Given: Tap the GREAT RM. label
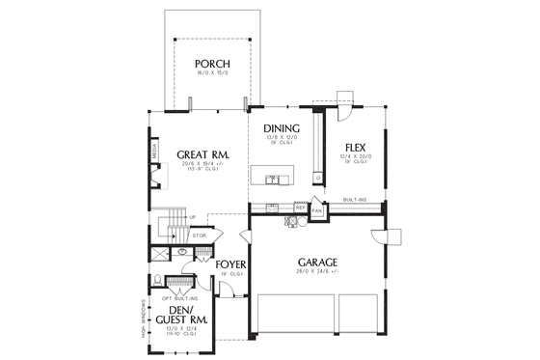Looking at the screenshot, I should click(202, 154).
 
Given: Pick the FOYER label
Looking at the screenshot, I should click(230, 263).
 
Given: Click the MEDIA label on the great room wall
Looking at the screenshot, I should click(154, 151).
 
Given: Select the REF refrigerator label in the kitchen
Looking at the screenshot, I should click(301, 208).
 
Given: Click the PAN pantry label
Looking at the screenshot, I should click(315, 208).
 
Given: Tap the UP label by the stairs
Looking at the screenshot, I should click(192, 216).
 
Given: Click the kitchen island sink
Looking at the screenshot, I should click(273, 178).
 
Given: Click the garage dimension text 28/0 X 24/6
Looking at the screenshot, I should click(315, 271).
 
